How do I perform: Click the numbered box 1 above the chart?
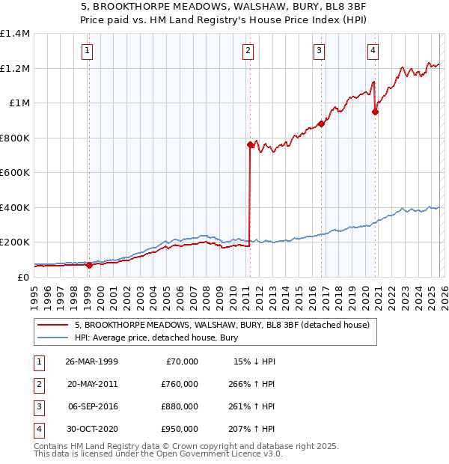(88, 51)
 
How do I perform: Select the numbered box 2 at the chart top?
(248, 51)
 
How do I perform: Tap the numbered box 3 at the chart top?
(319, 51)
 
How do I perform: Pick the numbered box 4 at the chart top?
(373, 51)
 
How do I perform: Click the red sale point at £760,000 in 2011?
(250, 145)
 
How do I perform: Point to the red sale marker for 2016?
(321, 124)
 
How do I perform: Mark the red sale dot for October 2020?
(376, 112)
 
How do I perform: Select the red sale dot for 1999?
(90, 265)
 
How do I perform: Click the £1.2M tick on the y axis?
(15, 68)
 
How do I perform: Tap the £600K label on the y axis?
(15, 172)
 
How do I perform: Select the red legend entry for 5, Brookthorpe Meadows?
(222, 325)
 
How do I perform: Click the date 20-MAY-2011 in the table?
(92, 384)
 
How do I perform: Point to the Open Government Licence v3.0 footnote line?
(159, 454)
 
